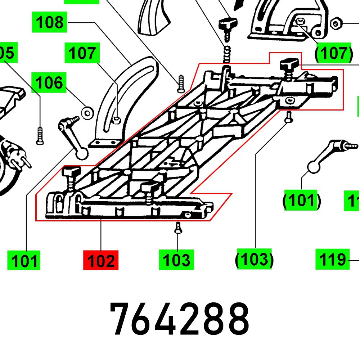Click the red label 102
click(100, 260)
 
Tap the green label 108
click(50, 22)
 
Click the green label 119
click(332, 259)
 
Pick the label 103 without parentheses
click(176, 260)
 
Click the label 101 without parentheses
click(24, 260)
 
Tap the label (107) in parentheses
click(333, 53)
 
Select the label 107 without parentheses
click(82, 53)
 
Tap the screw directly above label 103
click(177, 228)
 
